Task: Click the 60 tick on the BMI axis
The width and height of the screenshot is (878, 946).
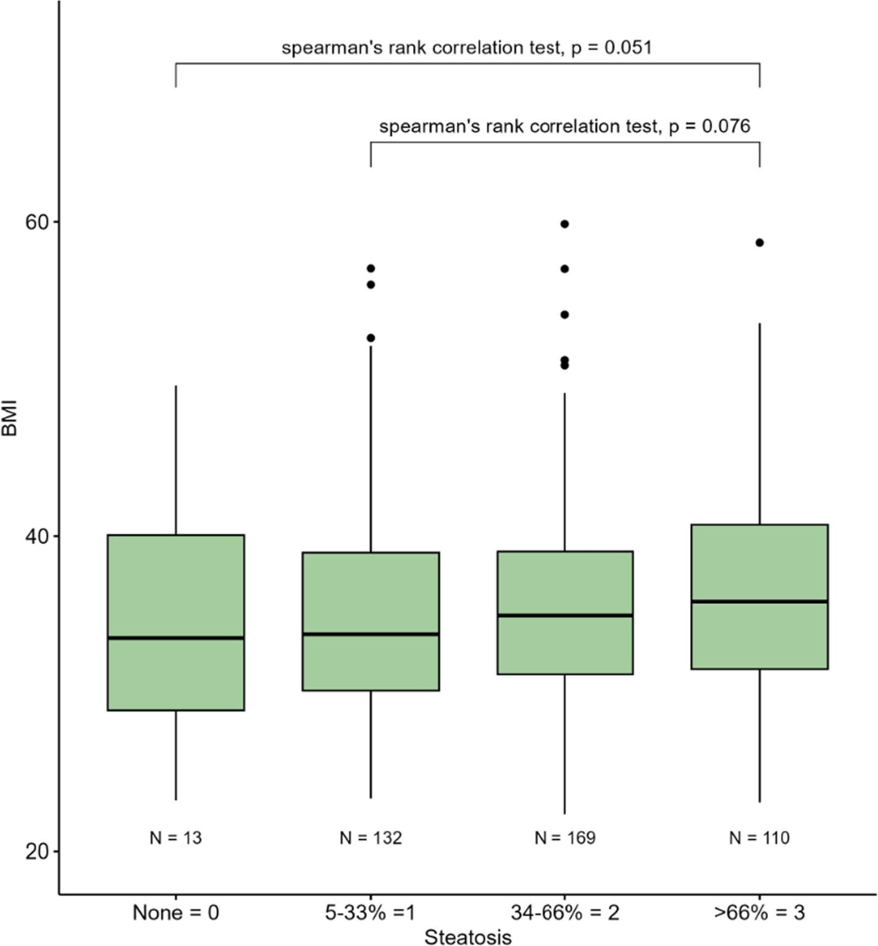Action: pos(37,222)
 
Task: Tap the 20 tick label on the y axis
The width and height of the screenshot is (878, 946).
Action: pos(37,852)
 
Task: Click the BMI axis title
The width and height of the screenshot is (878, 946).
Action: pos(10,419)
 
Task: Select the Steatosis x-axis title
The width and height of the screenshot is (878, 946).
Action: pos(468,937)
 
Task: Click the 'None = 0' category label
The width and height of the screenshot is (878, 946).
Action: pos(176,912)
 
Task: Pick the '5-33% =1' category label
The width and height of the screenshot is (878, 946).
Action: pos(371,912)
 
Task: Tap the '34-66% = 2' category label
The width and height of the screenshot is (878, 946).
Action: pos(565,912)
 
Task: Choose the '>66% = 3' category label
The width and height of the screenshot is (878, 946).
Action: pos(759,912)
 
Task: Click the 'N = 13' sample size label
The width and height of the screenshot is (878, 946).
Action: pos(176,838)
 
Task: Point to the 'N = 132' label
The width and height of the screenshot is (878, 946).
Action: pos(371,838)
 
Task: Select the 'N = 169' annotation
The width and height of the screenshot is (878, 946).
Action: pos(565,838)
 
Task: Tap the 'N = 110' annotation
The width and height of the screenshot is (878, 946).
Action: pos(759,838)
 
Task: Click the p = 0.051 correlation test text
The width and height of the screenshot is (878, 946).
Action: pos(467,47)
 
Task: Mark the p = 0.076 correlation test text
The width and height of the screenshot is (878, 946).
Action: pos(565,126)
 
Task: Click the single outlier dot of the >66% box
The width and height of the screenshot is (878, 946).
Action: pos(759,243)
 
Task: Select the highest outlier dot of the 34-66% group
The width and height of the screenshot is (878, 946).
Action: pos(565,224)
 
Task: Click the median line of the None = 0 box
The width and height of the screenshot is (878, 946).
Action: pos(176,637)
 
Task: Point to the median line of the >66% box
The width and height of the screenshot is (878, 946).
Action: pos(759,601)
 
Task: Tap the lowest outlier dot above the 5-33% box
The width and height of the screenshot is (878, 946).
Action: pos(371,338)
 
